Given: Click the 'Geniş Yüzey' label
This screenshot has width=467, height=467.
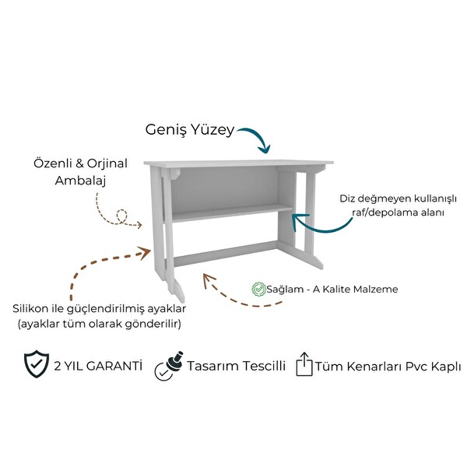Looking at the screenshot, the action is click(190, 130).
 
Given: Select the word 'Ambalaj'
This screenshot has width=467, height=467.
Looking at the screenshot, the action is click(80, 181).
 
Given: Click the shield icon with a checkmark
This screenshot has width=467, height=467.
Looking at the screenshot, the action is click(37, 364).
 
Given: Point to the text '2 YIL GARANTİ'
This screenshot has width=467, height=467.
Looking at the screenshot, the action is click(98, 366).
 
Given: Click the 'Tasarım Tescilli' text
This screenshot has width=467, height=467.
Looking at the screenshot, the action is click(236, 366).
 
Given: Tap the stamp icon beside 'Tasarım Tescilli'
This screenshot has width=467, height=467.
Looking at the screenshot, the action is click(169, 366).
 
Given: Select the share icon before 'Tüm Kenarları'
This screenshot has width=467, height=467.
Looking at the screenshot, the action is click(304, 364).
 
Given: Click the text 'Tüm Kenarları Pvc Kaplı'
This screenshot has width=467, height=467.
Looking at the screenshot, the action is click(388, 367).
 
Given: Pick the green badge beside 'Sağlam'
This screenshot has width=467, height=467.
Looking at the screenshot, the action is click(258, 289).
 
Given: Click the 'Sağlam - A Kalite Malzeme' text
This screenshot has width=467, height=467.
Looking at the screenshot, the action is click(332, 290).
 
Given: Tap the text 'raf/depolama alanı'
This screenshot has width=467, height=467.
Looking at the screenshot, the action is click(398, 212).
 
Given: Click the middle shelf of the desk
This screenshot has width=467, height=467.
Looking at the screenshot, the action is click(229, 212).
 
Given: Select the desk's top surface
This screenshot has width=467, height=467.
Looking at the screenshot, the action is click(239, 163).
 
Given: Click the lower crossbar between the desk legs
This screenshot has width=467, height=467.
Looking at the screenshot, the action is click(225, 254).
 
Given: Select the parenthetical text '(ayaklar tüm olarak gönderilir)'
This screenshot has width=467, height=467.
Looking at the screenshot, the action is click(100, 324).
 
